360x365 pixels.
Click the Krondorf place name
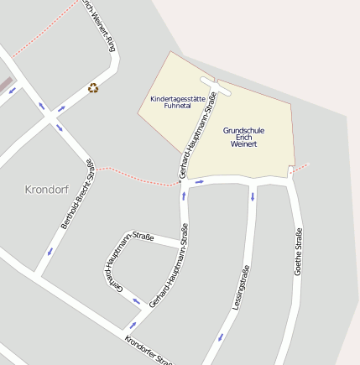47,189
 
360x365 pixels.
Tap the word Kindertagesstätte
177,99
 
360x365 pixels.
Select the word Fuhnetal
177,107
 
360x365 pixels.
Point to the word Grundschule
243,130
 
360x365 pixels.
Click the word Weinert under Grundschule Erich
243,144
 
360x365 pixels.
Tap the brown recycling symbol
93,87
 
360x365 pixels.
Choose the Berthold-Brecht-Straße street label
77,195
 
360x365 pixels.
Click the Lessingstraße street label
241,289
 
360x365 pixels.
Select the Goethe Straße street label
297,252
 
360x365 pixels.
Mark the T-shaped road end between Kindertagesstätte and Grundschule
217,83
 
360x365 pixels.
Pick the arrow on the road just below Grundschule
199,181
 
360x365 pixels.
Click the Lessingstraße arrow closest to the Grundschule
252,197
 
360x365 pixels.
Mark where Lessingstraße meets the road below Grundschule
253,182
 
